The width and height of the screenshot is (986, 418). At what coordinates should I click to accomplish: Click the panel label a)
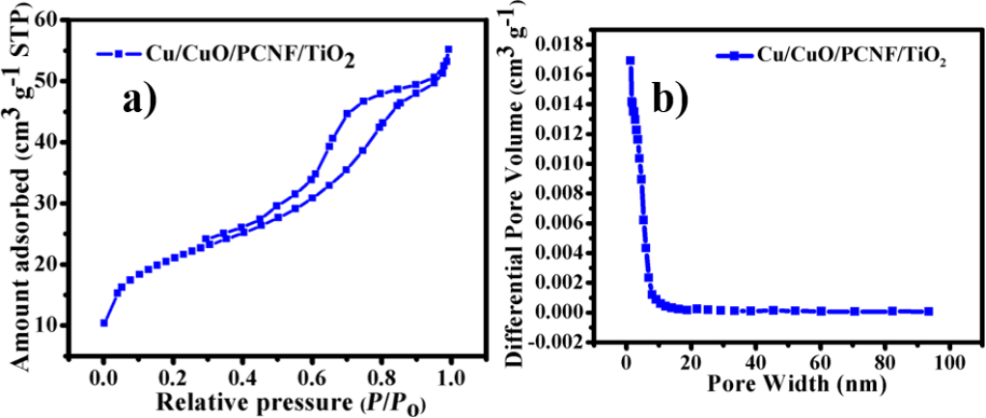tap(145, 99)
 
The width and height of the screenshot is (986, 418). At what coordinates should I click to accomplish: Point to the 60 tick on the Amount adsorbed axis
tap(73, 19)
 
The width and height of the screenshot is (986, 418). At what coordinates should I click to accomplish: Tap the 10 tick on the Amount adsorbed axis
tap(73, 324)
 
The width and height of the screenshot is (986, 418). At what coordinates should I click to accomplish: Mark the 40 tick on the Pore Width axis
tap(755, 364)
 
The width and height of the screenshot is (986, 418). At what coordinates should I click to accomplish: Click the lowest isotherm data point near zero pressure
tap(103, 322)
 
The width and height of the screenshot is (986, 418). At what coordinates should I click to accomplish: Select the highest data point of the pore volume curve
tap(630, 60)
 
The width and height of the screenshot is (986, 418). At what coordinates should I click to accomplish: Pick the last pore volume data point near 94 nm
tap(929, 311)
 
